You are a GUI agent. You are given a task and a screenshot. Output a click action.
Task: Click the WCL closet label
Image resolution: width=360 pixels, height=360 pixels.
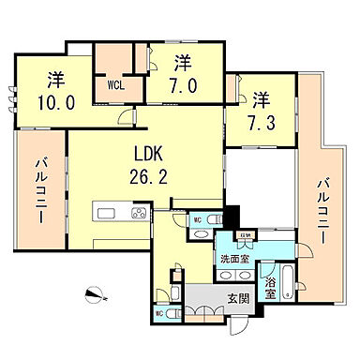115,84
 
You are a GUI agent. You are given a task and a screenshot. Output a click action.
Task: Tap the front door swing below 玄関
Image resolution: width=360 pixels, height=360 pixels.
243,327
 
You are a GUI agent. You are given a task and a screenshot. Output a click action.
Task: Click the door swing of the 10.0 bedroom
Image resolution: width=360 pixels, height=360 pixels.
126,117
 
